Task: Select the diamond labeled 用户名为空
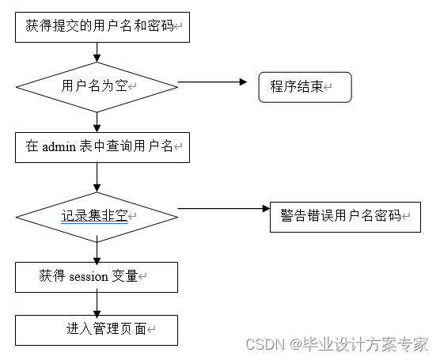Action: [x=97, y=86]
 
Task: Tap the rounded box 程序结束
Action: [x=305, y=87]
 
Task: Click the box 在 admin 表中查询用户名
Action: [x=102, y=146]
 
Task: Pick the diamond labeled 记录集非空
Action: [x=97, y=214]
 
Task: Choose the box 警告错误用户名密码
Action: [x=345, y=215]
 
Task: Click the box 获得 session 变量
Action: [x=96, y=277]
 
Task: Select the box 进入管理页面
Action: [x=96, y=329]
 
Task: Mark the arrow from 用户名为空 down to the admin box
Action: [x=97, y=120]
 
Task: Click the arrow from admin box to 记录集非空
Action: [x=97, y=176]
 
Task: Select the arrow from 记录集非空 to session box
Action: [x=97, y=249]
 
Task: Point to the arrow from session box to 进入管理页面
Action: [x=97, y=303]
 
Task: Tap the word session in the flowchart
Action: [x=93, y=277]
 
